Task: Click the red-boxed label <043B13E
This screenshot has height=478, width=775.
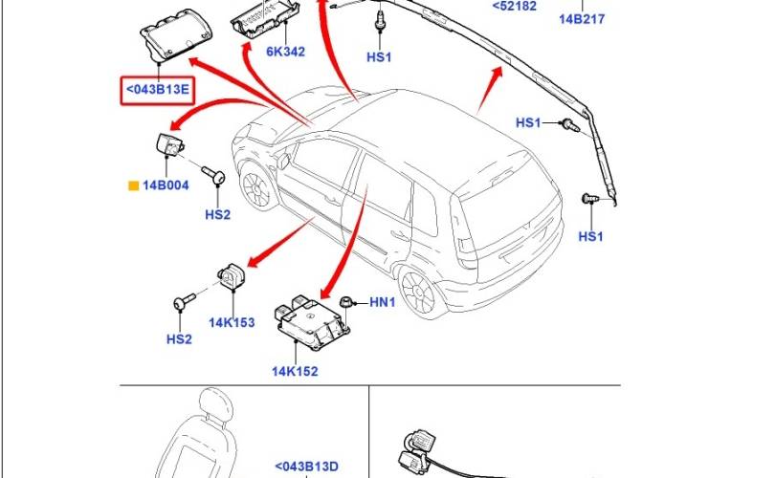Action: pyautogui.click(x=158, y=90)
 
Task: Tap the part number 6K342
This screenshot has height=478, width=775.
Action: pyautogui.click(x=286, y=52)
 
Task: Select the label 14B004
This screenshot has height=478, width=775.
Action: pyautogui.click(x=166, y=185)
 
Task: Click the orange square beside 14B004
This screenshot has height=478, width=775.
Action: pyautogui.click(x=133, y=185)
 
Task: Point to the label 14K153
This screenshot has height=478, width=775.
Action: pyautogui.click(x=232, y=323)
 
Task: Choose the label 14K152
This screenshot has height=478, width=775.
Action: pyautogui.click(x=295, y=371)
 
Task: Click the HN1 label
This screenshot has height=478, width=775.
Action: pyautogui.click(x=383, y=302)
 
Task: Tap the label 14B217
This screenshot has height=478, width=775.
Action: pyautogui.click(x=582, y=19)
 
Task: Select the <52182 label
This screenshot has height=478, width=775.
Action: pyautogui.click(x=515, y=6)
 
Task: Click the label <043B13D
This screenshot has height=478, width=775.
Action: pyautogui.click(x=306, y=467)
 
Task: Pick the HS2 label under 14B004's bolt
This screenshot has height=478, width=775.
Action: pyautogui.click(x=218, y=215)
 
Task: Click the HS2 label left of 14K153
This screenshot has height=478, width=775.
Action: pyautogui.click(x=179, y=339)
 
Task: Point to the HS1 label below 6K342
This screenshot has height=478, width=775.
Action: pyautogui.click(x=379, y=57)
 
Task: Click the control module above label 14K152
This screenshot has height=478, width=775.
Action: pyautogui.click(x=311, y=322)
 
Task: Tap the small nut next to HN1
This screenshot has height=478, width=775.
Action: pyautogui.click(x=345, y=302)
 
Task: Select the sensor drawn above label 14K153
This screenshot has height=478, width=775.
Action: pyautogui.click(x=232, y=276)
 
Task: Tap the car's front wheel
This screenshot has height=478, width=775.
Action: pyautogui.click(x=257, y=187)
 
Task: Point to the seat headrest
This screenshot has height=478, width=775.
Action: pyautogui.click(x=215, y=405)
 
